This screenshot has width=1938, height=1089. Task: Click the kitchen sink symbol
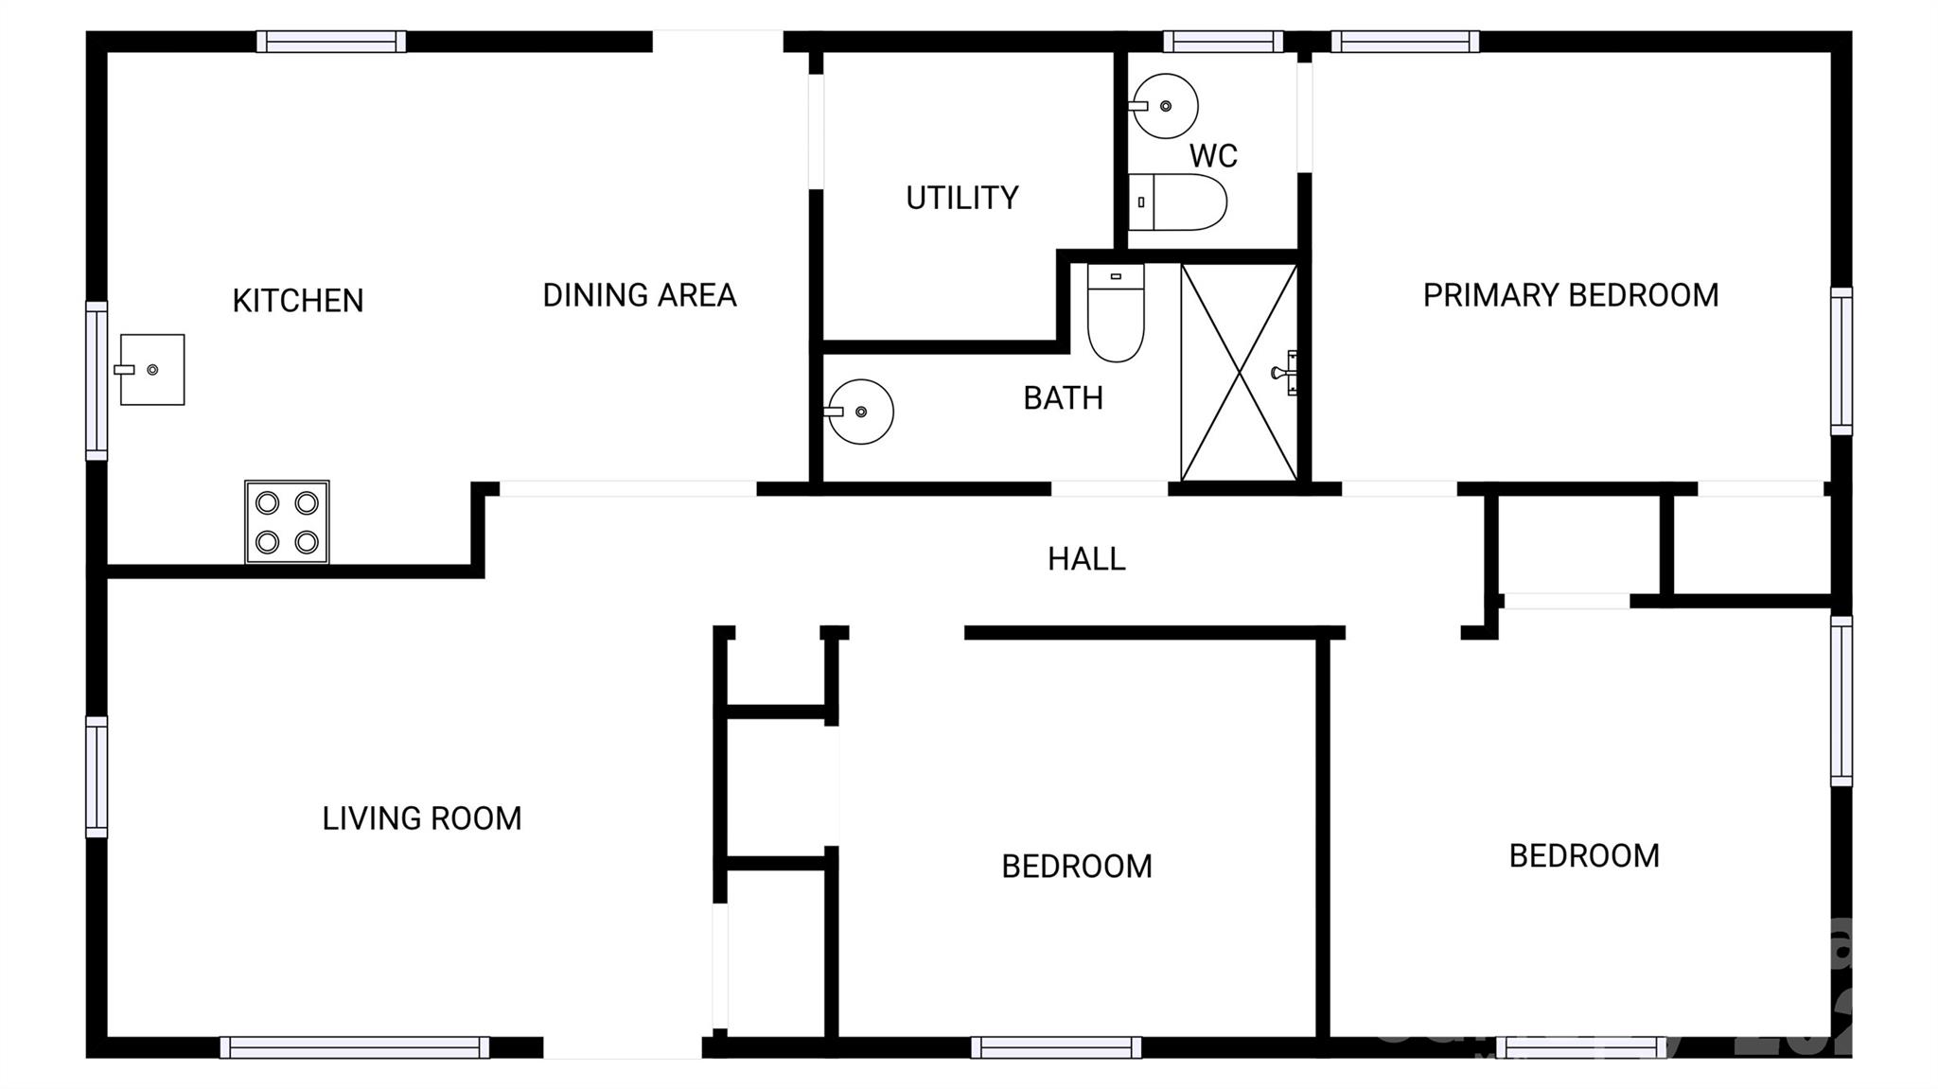[152, 370]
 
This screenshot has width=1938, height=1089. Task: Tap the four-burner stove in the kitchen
[287, 522]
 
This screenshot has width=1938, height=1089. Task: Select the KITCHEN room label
[298, 301]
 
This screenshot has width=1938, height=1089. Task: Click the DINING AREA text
[639, 295]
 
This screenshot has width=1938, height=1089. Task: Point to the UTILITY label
[961, 198]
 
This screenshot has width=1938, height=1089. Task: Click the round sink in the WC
[1165, 106]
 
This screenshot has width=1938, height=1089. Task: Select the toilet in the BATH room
[1116, 312]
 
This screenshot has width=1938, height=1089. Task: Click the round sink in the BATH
[860, 412]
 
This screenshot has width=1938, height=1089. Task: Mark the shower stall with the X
[1239, 373]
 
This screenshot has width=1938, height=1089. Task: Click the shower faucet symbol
[1286, 372]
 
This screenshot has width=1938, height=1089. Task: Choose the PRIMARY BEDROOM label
[1570, 295]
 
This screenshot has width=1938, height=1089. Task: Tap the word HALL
[1085, 559]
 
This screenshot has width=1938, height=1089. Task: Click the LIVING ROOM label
[421, 818]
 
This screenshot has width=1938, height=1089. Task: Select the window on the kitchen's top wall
[331, 42]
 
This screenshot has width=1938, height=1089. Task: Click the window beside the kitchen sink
[97, 380]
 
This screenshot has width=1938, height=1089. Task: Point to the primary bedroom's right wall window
[1841, 361]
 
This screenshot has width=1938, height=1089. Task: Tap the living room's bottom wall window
[355, 1047]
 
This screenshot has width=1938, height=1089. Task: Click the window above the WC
[1223, 42]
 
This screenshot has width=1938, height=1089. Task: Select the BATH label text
[1063, 398]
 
